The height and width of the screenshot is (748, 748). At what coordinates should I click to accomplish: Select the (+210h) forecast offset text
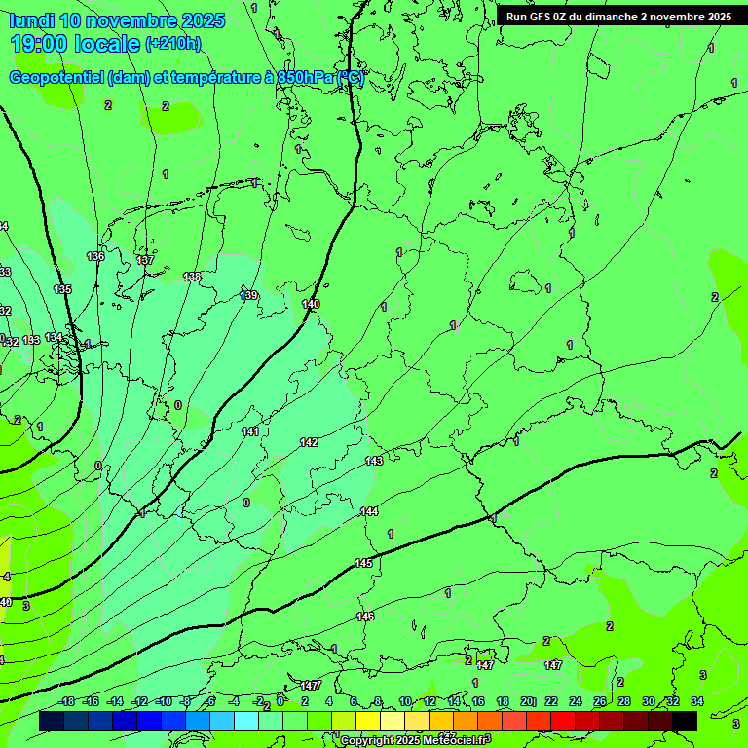(x=172, y=43)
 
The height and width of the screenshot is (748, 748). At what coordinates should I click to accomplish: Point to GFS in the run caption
(x=541, y=17)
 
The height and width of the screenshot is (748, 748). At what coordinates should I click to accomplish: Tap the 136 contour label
(x=95, y=256)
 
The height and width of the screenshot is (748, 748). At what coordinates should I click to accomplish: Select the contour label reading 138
(x=193, y=277)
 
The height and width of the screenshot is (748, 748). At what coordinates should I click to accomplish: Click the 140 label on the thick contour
(x=311, y=304)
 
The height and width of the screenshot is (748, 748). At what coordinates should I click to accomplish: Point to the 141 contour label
(x=250, y=430)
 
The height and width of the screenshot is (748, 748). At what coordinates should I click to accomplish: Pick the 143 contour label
(x=374, y=461)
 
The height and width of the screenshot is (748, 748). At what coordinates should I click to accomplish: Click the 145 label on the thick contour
(x=363, y=563)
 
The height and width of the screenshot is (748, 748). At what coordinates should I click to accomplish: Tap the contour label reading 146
(x=365, y=616)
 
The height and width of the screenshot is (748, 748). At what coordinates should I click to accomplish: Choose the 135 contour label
(x=62, y=289)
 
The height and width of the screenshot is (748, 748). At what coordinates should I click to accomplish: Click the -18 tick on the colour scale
(x=67, y=701)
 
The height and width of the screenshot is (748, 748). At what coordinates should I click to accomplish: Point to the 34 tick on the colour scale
(x=697, y=701)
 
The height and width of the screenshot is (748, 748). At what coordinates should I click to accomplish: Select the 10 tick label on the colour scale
(x=405, y=701)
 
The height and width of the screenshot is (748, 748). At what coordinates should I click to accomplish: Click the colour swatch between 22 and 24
(x=563, y=721)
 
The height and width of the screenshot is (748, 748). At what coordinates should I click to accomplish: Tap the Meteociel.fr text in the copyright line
(x=450, y=740)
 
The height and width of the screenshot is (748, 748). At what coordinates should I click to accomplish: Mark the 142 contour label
(x=309, y=442)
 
